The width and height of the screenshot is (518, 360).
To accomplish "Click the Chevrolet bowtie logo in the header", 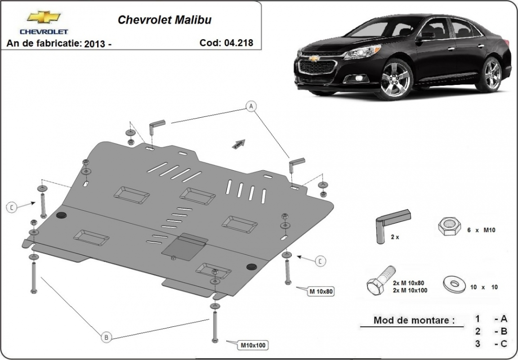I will [44, 18].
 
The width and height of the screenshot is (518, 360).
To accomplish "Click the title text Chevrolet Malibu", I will [164, 20].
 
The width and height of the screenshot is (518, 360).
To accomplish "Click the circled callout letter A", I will [251, 107].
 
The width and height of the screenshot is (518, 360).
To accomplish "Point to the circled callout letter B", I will [106, 337].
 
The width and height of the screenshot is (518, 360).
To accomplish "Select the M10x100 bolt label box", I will [253, 345].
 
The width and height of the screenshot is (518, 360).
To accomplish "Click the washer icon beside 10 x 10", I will [454, 284].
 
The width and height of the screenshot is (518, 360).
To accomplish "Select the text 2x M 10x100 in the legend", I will [409, 290].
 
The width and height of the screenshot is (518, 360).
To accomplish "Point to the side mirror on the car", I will [425, 36].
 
